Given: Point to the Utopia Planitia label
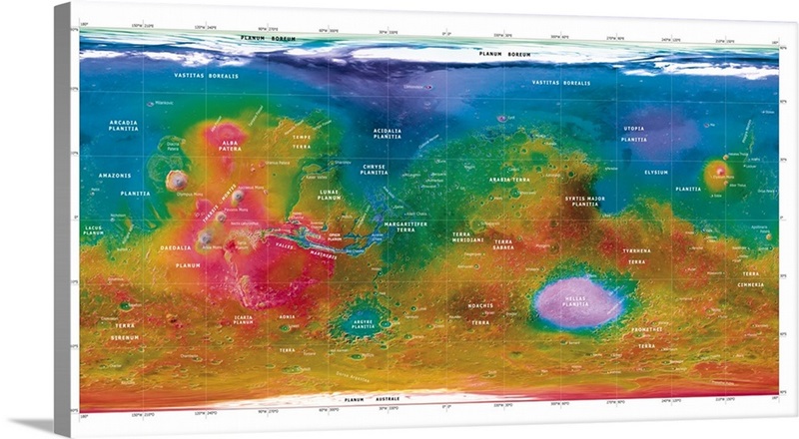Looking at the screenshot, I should point(634,134).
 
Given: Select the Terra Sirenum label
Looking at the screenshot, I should point(124,331).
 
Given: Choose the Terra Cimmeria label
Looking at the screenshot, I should point(750,278).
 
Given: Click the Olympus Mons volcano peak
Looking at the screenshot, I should point(177,181).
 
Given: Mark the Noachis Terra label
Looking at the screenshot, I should point(480,314).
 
